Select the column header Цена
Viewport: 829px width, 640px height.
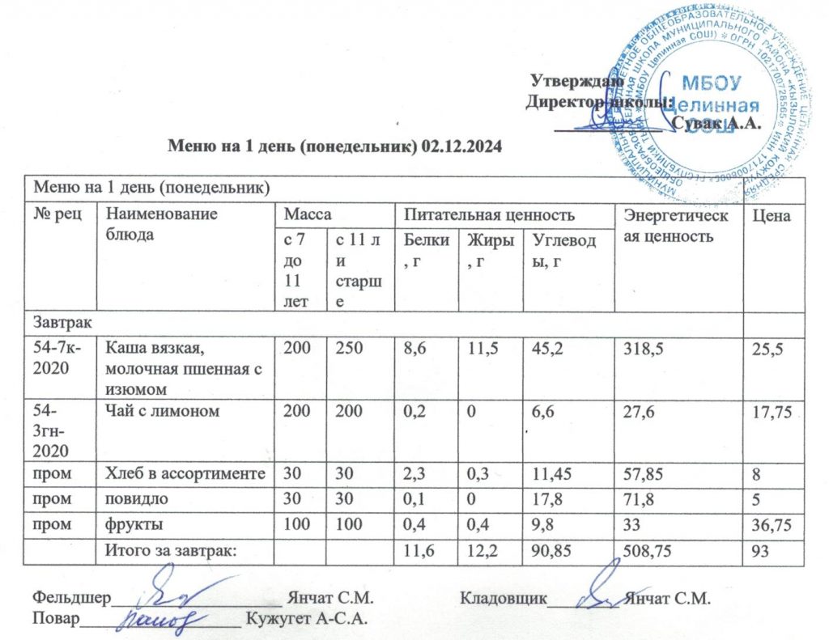[772, 215]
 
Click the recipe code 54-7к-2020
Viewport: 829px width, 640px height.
[59, 357]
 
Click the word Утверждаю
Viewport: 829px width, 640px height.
[576, 80]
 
